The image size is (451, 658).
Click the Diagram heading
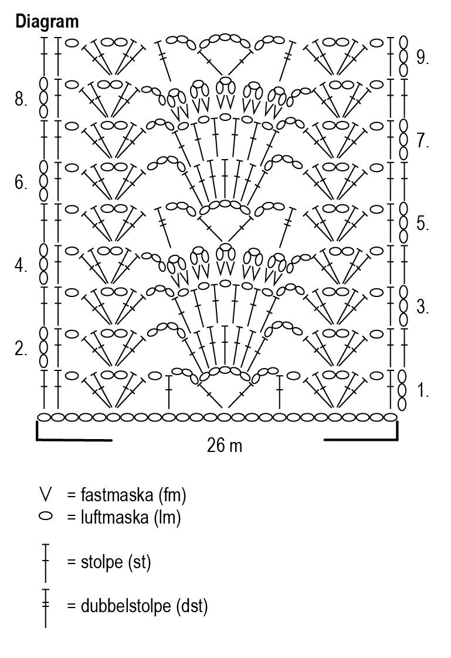click(x=47, y=22)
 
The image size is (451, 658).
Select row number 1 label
click(x=423, y=390)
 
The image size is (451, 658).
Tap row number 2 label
click(x=21, y=350)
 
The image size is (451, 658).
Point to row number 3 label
click(x=423, y=307)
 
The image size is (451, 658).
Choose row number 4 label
click(x=21, y=266)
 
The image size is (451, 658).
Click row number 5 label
click(x=423, y=224)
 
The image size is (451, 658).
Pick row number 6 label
click(x=21, y=184)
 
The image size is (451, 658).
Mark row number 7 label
click(x=423, y=141)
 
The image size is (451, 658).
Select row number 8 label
click(x=21, y=100)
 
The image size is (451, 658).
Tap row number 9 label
click(x=423, y=58)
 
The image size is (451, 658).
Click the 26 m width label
click(x=225, y=446)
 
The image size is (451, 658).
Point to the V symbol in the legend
click(x=45, y=495)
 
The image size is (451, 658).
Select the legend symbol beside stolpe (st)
click(x=45, y=562)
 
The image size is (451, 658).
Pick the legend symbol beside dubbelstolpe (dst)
click(x=45, y=607)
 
